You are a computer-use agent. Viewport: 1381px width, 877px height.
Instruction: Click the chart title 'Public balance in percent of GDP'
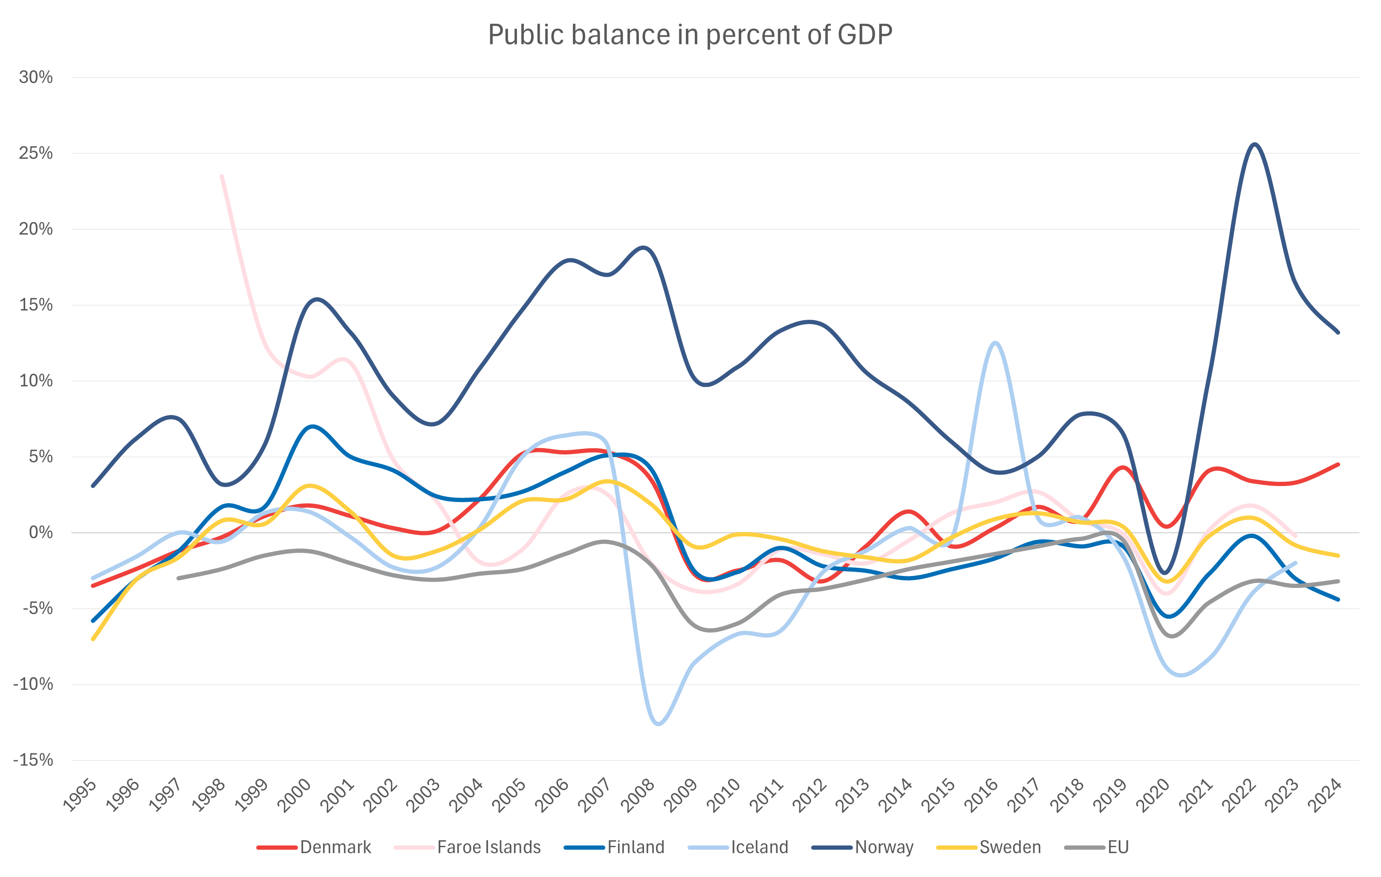(690, 35)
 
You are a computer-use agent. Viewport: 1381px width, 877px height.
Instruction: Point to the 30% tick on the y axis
(35, 78)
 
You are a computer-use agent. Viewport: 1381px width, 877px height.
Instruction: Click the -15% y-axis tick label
(33, 760)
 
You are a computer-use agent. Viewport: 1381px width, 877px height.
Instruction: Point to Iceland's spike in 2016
(994, 343)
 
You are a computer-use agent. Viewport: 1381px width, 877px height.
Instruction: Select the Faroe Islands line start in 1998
(221, 176)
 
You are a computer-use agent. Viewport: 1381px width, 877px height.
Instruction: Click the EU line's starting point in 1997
(178, 578)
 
